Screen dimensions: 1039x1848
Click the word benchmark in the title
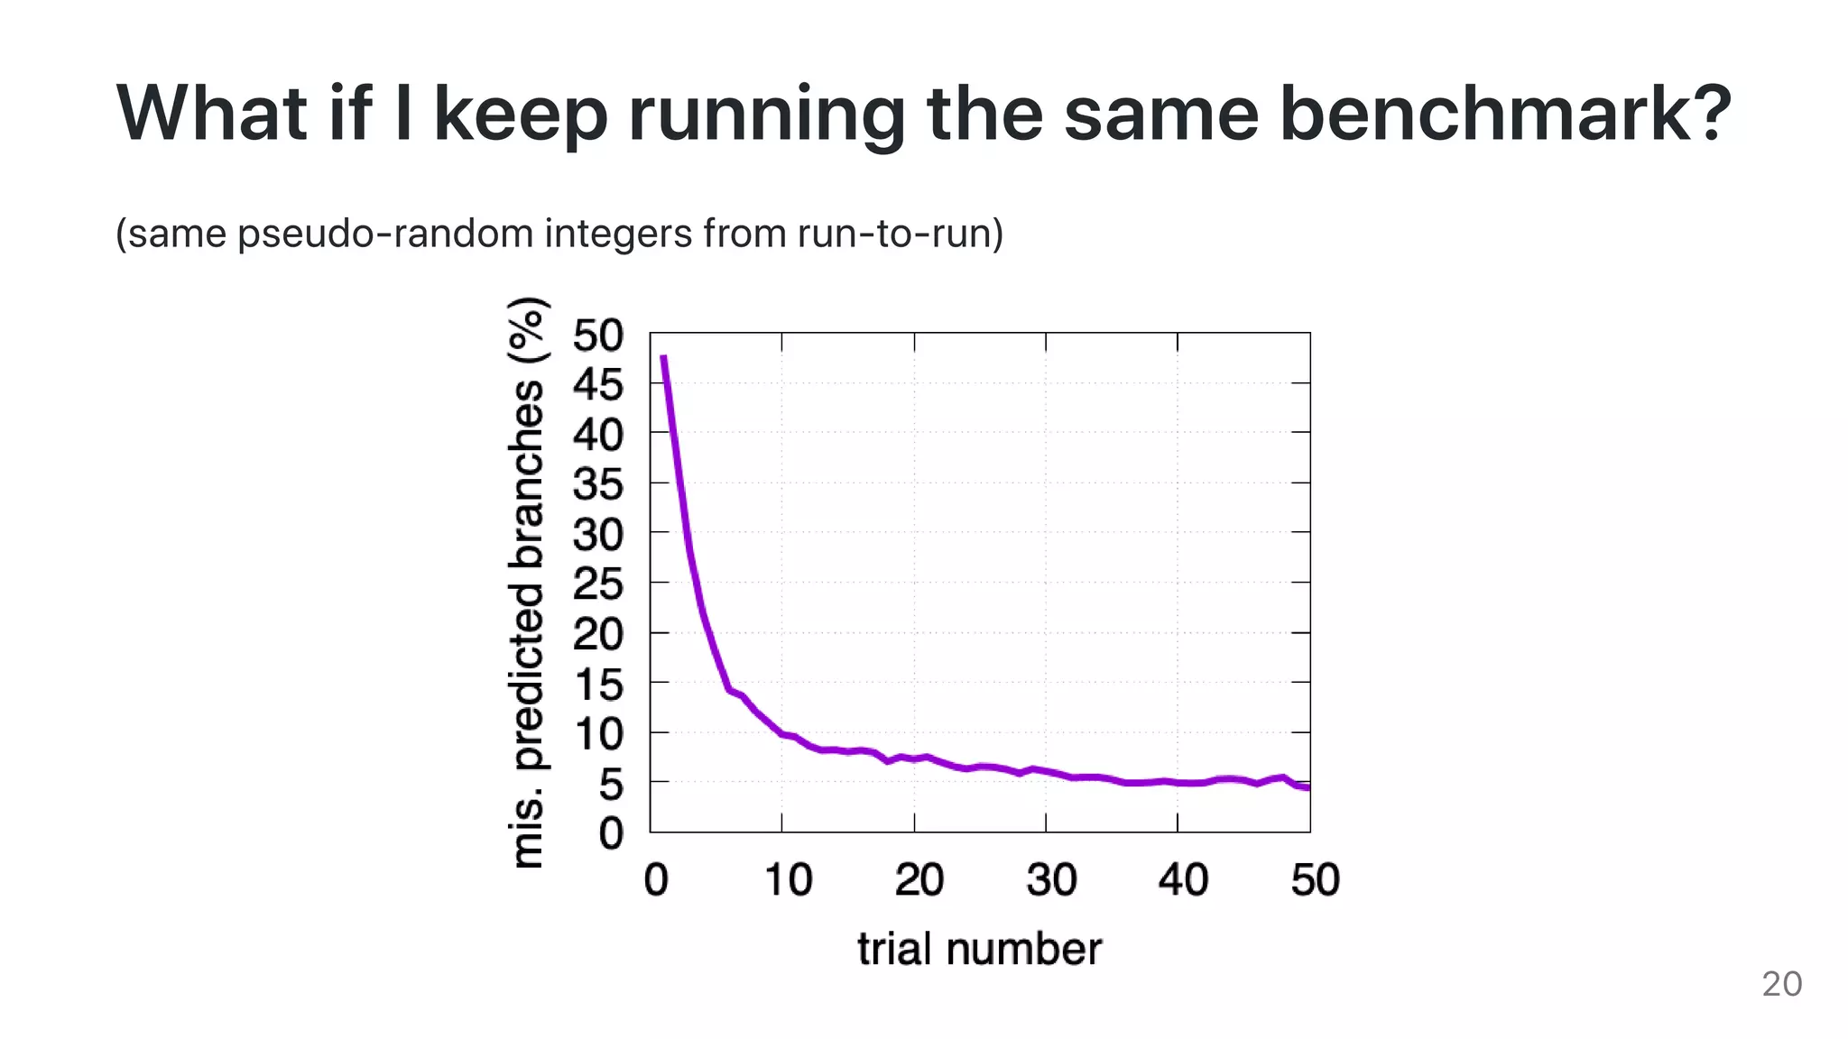1505,114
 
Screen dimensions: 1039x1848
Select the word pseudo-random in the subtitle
386,234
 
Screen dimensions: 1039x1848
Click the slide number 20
1781,984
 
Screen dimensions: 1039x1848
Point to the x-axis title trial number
979,949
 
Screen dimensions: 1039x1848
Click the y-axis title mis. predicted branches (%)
528,583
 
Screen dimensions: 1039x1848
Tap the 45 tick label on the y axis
597,385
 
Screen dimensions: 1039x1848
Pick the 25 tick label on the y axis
597,584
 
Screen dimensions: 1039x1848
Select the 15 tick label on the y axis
597,685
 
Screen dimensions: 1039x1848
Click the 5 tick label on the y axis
611,785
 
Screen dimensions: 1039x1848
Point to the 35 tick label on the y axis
597,484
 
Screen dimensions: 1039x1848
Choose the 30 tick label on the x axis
1051,879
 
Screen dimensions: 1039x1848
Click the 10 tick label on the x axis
788,879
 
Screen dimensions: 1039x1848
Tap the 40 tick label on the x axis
1183,879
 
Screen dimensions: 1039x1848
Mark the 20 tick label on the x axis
919,879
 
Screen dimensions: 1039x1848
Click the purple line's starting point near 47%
663,357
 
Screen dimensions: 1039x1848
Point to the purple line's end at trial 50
1307,787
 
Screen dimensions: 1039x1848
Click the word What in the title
213,114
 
